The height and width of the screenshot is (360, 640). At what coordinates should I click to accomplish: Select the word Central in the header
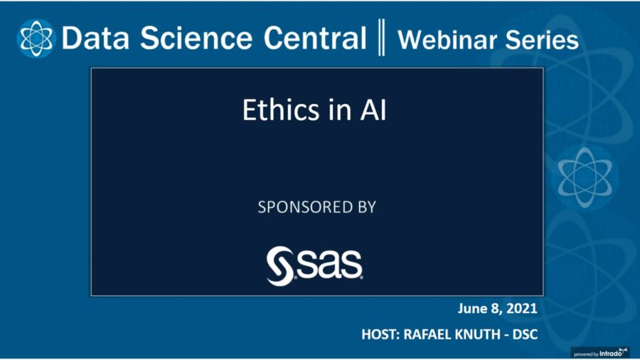(x=316, y=38)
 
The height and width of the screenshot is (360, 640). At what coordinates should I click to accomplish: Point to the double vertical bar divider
(x=382, y=38)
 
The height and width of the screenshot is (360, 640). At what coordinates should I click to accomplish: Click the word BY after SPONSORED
(x=364, y=208)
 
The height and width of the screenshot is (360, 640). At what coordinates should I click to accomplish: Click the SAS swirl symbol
(x=279, y=265)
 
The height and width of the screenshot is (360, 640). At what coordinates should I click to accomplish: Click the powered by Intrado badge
(x=602, y=352)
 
